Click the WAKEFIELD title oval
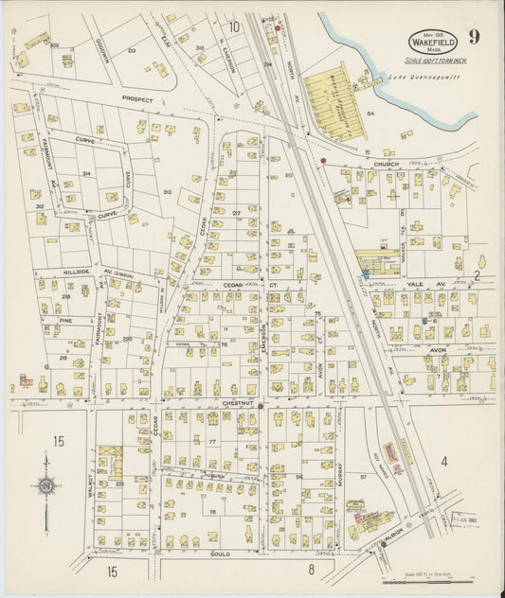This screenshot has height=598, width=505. (x=432, y=42)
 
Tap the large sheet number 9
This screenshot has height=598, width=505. (x=473, y=38)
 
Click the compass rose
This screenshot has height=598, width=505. (x=45, y=486)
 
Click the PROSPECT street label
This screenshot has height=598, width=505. (x=136, y=97)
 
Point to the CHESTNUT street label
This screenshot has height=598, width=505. (x=236, y=402)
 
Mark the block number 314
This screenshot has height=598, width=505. (x=86, y=174)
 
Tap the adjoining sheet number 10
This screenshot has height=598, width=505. (x=233, y=26)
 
